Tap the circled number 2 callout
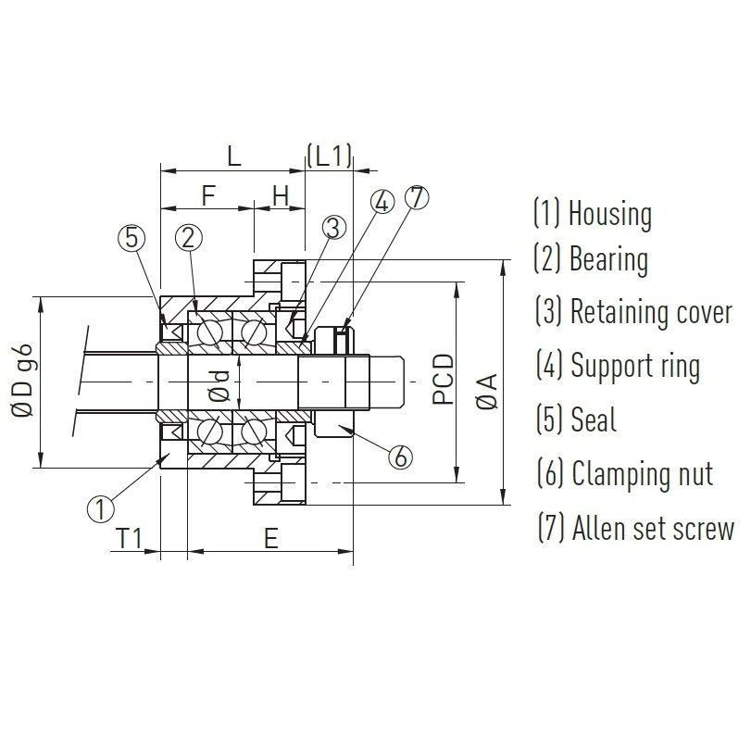point(189,238)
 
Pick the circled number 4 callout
point(382,202)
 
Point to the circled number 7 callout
point(417,197)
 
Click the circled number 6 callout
point(400,457)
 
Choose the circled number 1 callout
point(101,508)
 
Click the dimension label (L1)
point(330,156)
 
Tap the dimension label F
point(207,195)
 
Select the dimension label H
point(282,195)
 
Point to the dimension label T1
point(130,538)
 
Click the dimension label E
point(271,538)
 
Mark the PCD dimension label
point(443,380)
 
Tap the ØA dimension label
point(488,392)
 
